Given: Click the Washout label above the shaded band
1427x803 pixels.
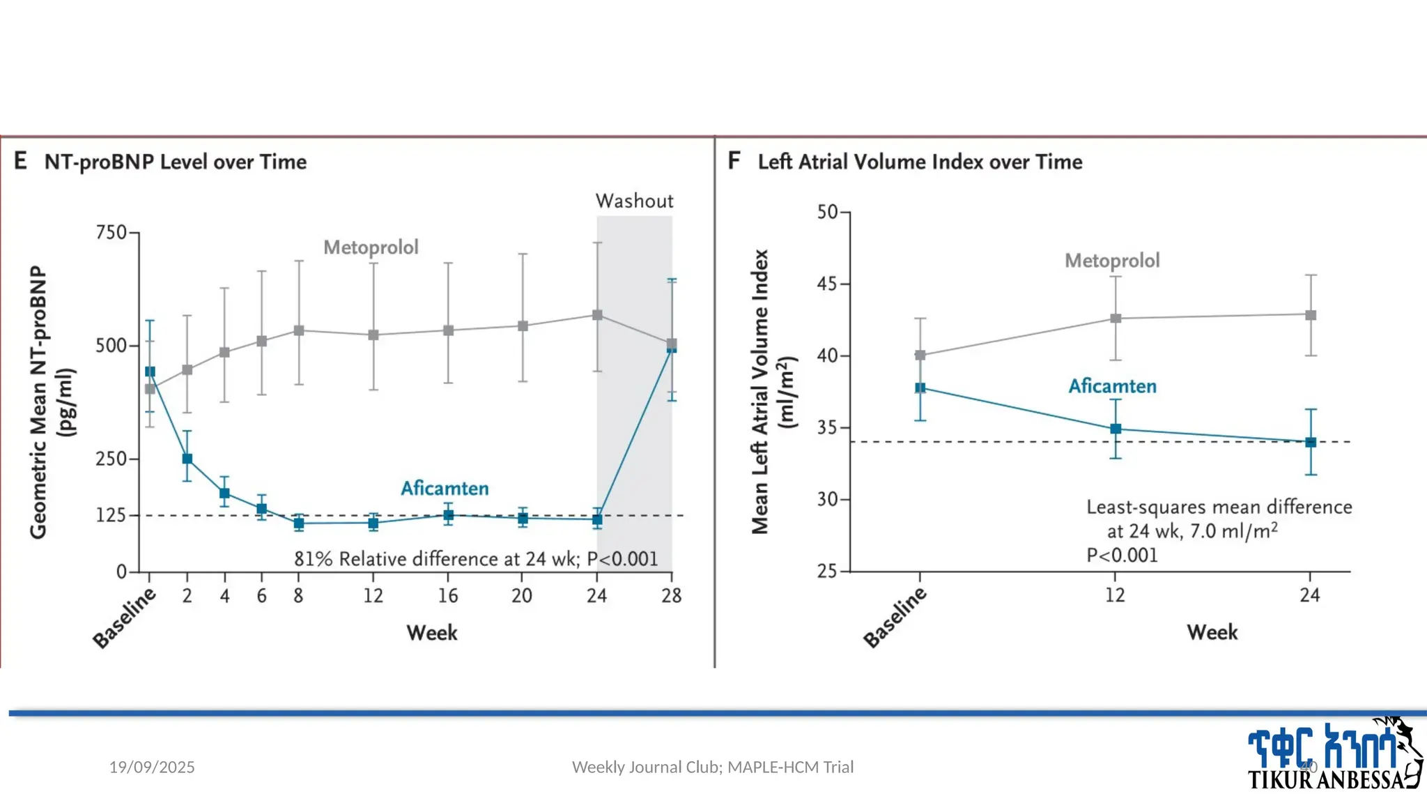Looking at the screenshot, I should (634, 201).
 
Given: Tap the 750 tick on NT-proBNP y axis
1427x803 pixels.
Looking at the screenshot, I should (111, 232).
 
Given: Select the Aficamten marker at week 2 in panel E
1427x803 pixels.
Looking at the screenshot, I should (187, 459).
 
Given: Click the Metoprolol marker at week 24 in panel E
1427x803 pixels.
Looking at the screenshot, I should (597, 315).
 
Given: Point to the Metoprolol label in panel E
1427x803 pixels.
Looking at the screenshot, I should (371, 247).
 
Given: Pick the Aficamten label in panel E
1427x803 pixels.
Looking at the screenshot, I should (445, 488).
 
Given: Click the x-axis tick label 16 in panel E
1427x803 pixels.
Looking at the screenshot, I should (447, 595).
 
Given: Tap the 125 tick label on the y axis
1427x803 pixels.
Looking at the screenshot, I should (111, 515).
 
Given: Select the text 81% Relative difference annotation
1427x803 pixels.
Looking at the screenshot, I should (476, 559).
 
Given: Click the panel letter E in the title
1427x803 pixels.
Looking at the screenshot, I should (21, 161).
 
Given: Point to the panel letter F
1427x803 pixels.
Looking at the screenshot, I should (734, 161).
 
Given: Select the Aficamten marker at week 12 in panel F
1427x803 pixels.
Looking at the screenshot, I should (1116, 429).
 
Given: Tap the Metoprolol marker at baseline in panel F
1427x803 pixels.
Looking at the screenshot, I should (920, 355).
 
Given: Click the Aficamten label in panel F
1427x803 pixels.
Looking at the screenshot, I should (1112, 386).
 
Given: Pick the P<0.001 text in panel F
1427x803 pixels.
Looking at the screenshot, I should (1122, 556).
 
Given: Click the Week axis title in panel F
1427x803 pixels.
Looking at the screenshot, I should (1212, 632).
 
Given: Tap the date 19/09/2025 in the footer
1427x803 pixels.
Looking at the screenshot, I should (152, 767).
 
